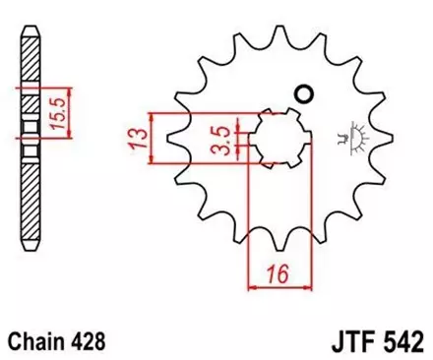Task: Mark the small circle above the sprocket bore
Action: coord(303,94)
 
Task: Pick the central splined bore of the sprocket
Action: coord(278,138)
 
